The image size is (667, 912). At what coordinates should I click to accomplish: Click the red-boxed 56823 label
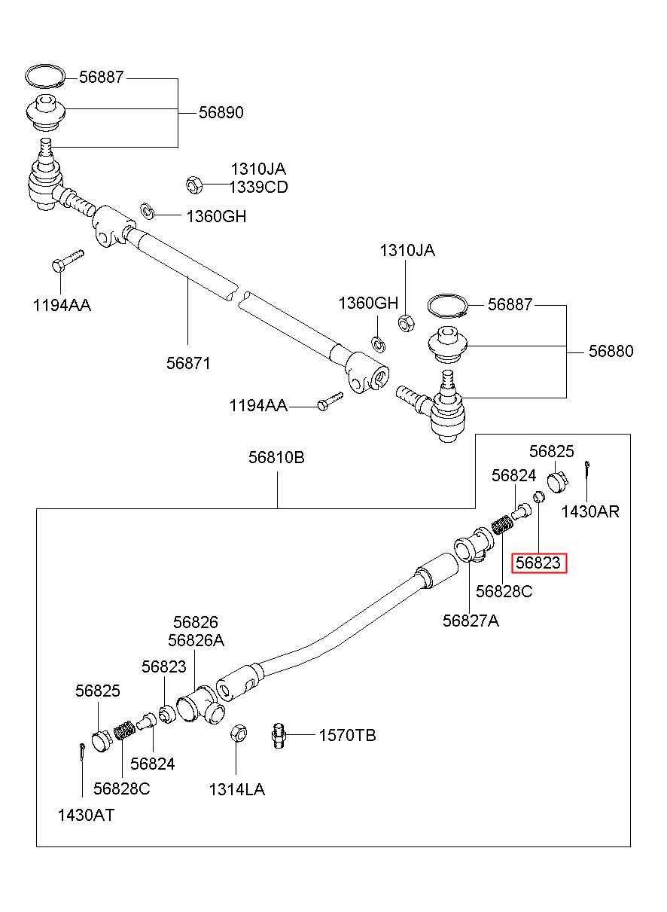point(538,563)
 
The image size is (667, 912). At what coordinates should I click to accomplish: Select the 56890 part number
point(221,112)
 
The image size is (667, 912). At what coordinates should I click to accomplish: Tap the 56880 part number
point(611,351)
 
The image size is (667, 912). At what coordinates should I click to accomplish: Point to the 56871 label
point(188,363)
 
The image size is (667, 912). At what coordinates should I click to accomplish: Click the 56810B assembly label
point(277,457)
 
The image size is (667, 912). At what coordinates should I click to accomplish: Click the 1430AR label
point(590,511)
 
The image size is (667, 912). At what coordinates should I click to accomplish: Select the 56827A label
point(471,621)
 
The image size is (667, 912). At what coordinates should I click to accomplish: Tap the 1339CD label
point(258,188)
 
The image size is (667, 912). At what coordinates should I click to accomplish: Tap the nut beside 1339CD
point(194,185)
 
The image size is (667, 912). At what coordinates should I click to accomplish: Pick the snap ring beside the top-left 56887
point(44,76)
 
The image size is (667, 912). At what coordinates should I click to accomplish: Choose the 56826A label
point(196,640)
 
